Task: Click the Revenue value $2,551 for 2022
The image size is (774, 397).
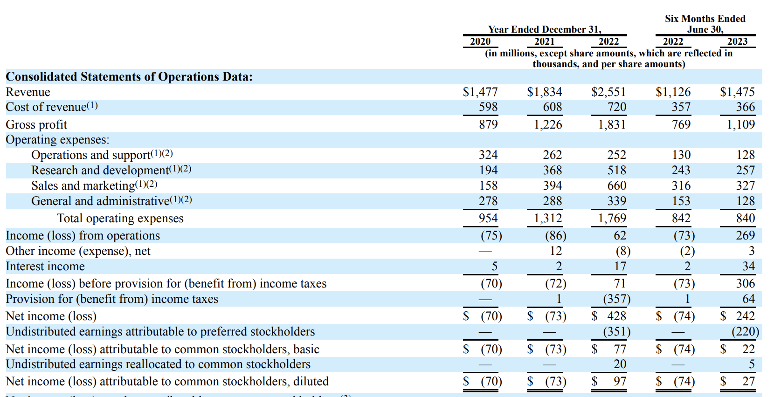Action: (x=608, y=92)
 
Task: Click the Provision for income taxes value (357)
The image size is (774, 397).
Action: (x=616, y=299)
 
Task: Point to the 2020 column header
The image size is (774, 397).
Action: (x=480, y=41)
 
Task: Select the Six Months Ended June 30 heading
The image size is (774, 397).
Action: (x=705, y=24)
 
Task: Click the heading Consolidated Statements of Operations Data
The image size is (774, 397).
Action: (x=129, y=76)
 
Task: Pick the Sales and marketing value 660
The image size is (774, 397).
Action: (x=616, y=185)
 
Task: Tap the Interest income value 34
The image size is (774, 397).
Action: (x=748, y=266)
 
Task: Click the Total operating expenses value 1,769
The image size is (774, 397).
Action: (x=612, y=218)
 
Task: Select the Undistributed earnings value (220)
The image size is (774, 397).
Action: (x=745, y=331)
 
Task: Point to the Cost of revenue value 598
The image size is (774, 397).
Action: (x=488, y=107)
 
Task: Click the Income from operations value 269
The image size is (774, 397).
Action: (x=745, y=235)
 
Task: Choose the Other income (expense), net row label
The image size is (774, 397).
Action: (x=78, y=251)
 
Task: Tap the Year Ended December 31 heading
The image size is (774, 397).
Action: (x=545, y=29)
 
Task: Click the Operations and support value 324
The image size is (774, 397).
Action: (x=488, y=155)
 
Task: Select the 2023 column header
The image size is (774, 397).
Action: (x=737, y=41)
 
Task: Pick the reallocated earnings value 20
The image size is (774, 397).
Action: (x=620, y=364)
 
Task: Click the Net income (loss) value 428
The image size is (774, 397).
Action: (x=616, y=316)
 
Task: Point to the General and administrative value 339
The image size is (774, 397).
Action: (x=616, y=201)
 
